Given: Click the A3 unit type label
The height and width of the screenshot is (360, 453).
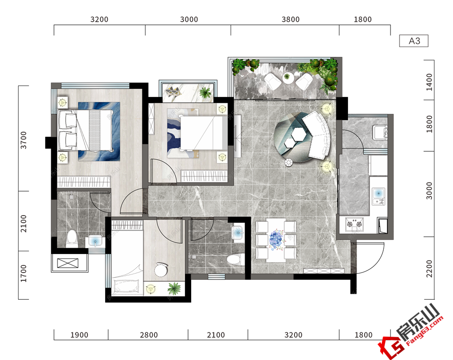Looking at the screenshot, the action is [414, 41].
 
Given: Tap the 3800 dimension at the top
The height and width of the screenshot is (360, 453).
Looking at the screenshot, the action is [290, 19].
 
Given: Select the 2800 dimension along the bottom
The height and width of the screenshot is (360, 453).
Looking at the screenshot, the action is [149, 335].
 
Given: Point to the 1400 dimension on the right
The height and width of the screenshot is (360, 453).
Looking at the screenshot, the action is [429, 82].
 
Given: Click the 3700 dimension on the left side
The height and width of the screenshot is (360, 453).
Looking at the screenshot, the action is [24, 140].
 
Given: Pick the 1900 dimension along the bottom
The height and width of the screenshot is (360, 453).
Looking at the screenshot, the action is [79, 335].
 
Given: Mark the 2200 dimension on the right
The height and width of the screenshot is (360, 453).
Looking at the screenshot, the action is [429, 269].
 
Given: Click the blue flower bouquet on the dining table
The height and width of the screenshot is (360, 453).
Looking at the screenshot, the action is [276, 240].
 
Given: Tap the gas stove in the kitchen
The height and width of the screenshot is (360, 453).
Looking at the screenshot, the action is [354, 225].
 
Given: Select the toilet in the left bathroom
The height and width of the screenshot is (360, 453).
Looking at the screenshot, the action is [72, 239].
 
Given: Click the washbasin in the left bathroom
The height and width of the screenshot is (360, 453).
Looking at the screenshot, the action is [95, 241].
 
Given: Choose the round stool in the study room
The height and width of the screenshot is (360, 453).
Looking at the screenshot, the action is [161, 269].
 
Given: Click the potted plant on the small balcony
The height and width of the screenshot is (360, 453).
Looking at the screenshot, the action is [205, 92].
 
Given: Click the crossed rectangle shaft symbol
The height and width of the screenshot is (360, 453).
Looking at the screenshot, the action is [67, 263].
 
